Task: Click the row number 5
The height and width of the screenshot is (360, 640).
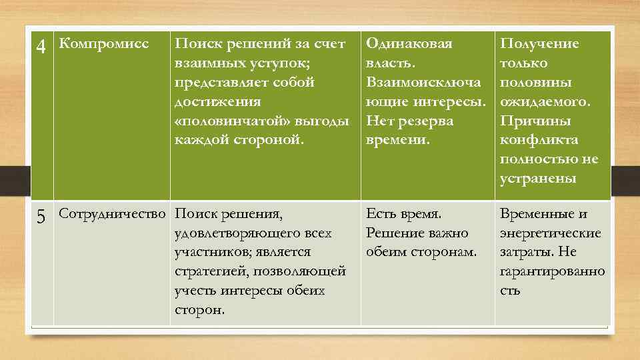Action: [x=41, y=217]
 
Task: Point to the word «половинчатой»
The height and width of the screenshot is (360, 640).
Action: [x=221, y=121]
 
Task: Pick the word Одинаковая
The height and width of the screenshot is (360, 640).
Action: [x=409, y=44]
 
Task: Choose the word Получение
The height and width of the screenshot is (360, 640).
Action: [x=539, y=44]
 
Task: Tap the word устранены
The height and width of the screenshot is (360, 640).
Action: [x=537, y=179]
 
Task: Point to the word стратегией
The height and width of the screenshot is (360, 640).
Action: [x=210, y=271]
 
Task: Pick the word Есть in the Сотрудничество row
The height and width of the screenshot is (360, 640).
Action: [x=382, y=214]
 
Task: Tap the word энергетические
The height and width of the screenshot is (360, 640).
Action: [x=550, y=233]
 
